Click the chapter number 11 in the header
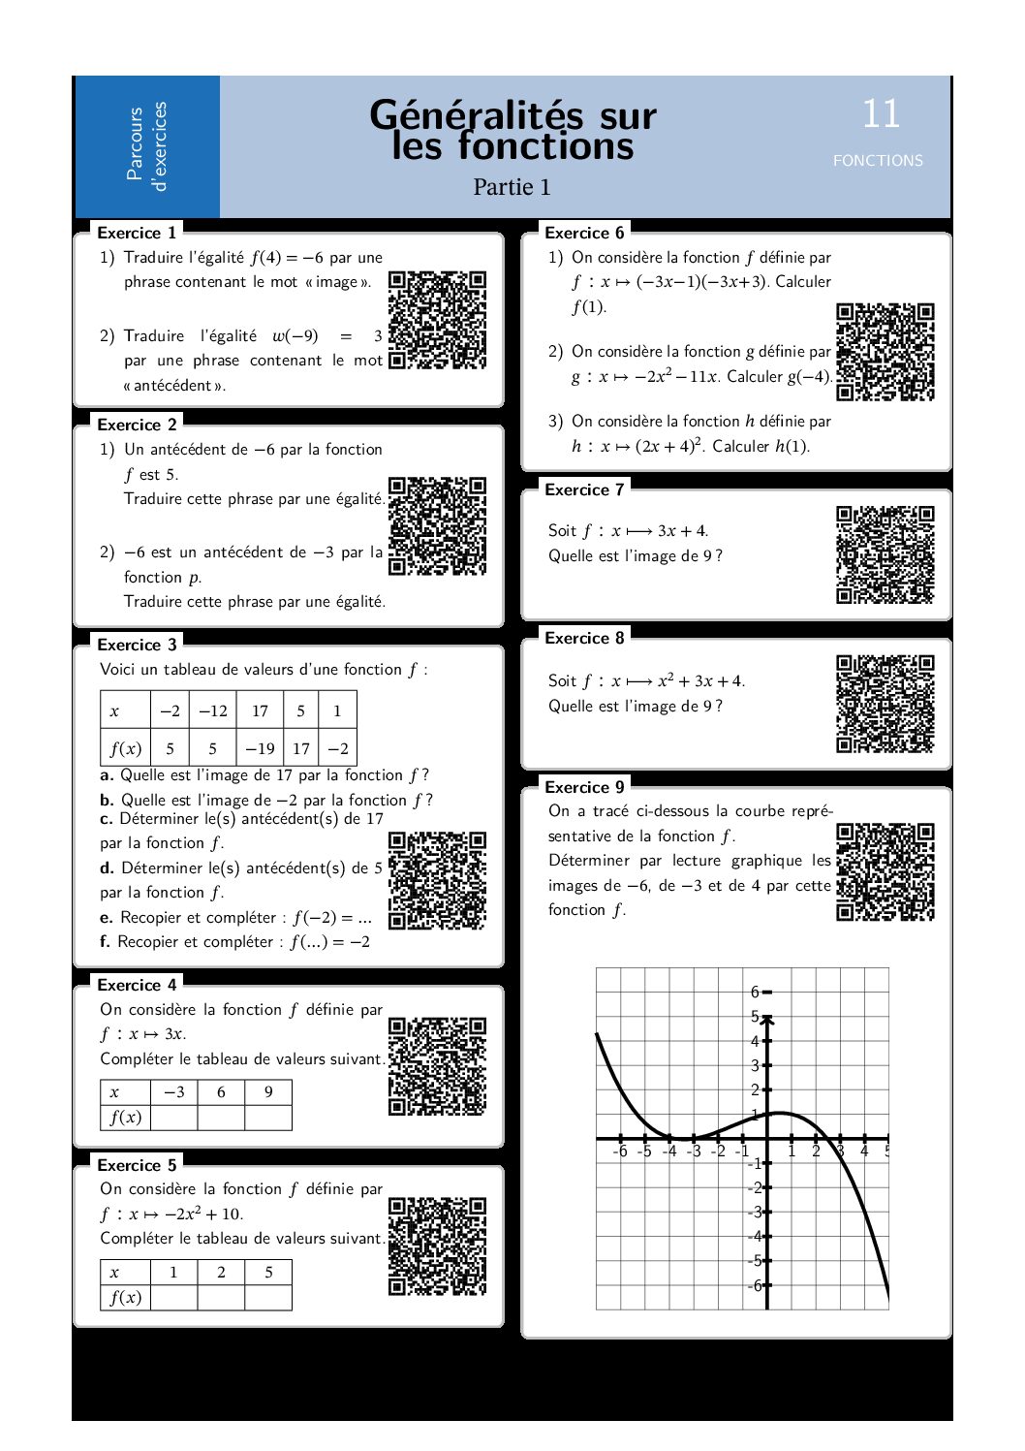[881, 114]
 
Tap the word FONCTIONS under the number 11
[878, 161]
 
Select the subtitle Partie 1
[512, 187]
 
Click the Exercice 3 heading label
[137, 645]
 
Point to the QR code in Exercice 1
[437, 320]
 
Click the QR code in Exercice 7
[885, 554]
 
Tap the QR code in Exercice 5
[437, 1246]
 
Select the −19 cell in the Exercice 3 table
[260, 748]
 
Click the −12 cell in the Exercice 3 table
[213, 710]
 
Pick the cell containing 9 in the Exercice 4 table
[268, 1091]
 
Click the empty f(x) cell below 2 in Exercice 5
[221, 1297]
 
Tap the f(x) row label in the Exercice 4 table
[126, 1117]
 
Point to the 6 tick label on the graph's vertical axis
[755, 992]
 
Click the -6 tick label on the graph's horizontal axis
[620, 1151]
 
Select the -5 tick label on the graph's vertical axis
[754, 1261]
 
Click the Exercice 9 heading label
[584, 787]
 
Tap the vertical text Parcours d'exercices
[146, 146]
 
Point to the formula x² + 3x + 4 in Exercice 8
[699, 680]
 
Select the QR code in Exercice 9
[885, 871]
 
